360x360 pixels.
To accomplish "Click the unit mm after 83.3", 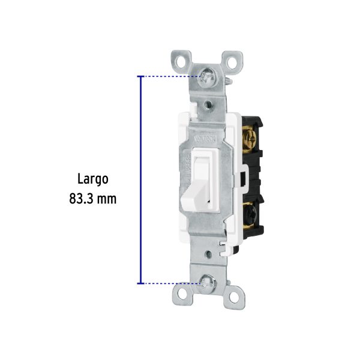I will pos(107,198).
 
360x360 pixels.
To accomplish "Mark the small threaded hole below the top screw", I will pos(207,104).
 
